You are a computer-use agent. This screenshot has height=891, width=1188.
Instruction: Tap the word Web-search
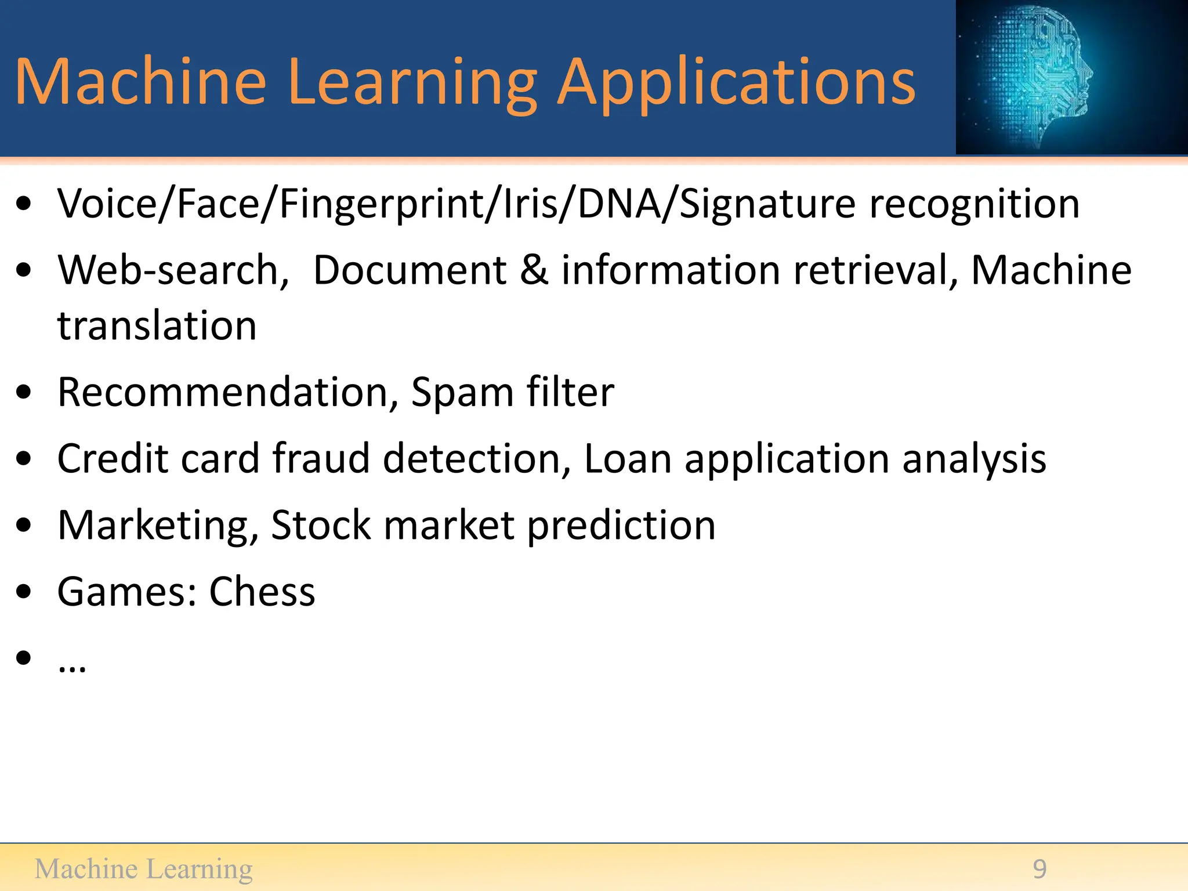[x=173, y=270]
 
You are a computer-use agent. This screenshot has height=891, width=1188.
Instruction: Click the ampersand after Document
[x=534, y=270]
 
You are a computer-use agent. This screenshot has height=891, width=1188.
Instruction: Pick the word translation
[x=157, y=325]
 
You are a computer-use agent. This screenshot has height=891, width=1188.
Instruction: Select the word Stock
[x=321, y=525]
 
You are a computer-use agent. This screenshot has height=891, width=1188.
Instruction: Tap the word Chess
[x=262, y=592]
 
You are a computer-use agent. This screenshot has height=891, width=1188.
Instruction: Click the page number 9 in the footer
[x=1039, y=869]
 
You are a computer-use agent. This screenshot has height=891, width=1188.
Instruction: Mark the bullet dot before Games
[x=24, y=592]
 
